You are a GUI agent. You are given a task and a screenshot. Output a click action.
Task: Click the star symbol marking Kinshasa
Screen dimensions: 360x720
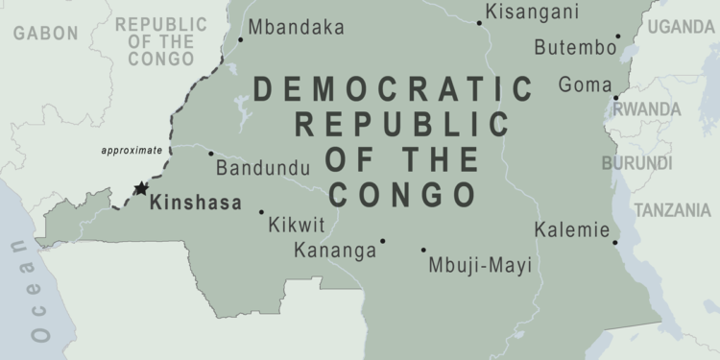tap(141, 189)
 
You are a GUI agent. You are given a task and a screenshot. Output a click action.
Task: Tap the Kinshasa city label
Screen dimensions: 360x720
tap(201, 204)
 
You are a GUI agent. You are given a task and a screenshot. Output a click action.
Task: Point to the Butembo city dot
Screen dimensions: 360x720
tap(618, 37)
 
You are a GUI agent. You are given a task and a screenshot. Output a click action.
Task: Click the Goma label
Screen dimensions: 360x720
tap(585, 84)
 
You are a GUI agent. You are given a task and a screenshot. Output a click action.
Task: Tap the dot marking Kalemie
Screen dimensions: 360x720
tap(615, 242)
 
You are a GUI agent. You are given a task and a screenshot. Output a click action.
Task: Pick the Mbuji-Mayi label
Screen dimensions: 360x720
tap(480, 265)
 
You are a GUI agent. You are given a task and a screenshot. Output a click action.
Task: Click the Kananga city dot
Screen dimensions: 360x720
tap(382, 241)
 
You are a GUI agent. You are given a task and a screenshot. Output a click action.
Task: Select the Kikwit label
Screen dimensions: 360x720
tap(297, 227)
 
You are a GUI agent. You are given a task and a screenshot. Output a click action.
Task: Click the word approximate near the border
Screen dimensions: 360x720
tap(132, 151)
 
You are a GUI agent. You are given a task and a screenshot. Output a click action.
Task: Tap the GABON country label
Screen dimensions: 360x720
tap(45, 34)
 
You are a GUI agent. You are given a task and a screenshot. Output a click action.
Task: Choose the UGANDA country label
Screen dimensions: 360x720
tap(681, 27)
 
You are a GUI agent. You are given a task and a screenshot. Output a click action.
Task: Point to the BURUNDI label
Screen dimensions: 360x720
tap(636, 163)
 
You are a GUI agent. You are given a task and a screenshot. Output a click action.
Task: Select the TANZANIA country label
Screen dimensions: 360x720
tap(672, 210)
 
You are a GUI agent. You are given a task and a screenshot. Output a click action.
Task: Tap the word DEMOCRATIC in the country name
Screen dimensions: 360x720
tap(393, 89)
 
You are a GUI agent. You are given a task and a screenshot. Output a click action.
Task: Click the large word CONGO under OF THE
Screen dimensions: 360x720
tap(402, 195)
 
